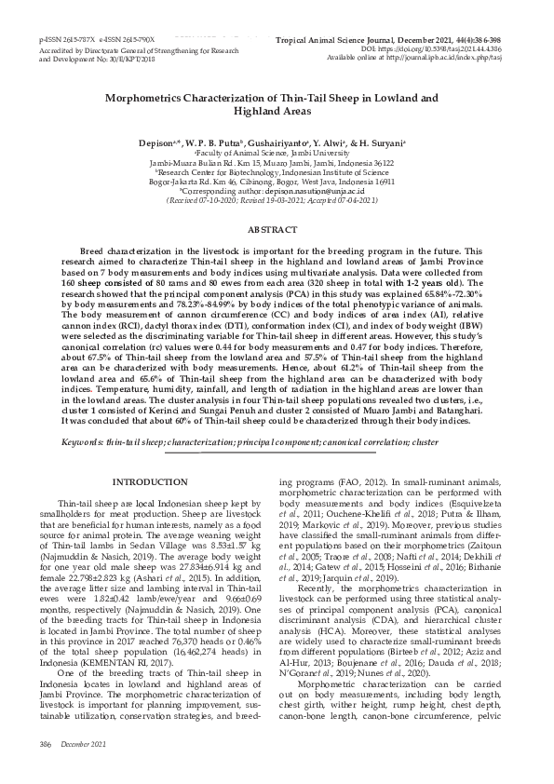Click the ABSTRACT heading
[277, 228]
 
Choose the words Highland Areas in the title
[277, 110]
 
